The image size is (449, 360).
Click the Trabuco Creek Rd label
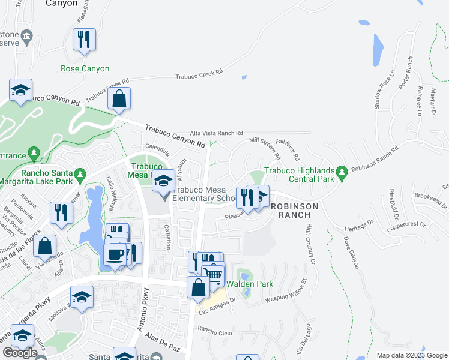pyautogui.click(x=199, y=74)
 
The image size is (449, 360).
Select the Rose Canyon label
pyautogui.click(x=85, y=69)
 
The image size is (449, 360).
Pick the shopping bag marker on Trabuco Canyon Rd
pyautogui.click(x=119, y=98)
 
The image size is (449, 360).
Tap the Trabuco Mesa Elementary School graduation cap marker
pyautogui.click(x=163, y=181)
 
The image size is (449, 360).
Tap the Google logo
pyautogui.click(x=20, y=353)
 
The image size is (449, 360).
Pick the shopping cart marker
pyautogui.click(x=213, y=275)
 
